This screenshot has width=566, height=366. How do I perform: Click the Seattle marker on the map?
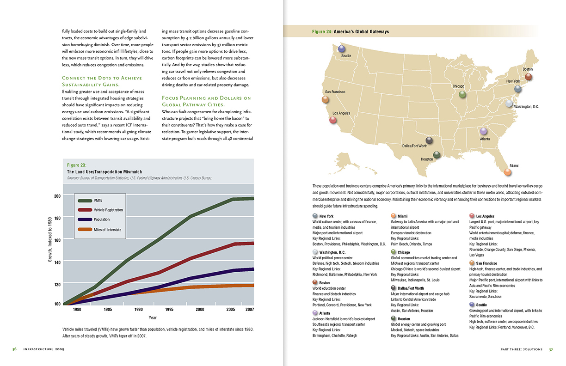coord(341,49)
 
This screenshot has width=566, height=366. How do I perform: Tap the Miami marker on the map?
coord(507,172)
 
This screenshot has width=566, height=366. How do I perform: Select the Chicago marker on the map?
coord(462,94)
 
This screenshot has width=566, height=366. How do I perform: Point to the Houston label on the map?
coord(427,159)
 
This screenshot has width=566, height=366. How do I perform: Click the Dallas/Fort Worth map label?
coord(415,146)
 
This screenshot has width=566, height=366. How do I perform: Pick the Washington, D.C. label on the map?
coord(526,107)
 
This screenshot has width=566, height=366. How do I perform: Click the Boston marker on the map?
coord(528,77)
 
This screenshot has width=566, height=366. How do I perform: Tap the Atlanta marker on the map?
coord(483,131)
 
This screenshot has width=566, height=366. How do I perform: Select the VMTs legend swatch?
coord(85,201)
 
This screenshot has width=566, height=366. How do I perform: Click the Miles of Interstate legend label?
coord(107,230)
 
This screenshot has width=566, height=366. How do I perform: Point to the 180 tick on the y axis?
coord(57,218)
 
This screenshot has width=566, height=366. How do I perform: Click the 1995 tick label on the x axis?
coord(169,309)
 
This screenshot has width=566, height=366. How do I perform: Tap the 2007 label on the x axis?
coord(250,309)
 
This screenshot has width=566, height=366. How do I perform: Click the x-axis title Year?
coord(152,317)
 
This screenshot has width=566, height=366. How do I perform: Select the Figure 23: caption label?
coord(77,165)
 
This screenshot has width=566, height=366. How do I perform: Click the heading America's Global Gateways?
coord(361,31)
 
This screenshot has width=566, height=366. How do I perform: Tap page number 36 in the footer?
coord(14,349)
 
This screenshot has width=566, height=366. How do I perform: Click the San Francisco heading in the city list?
coord(486,263)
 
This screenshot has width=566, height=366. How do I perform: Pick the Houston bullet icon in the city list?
coord(394,318)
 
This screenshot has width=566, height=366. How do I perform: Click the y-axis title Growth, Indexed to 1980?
coord(50,239)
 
